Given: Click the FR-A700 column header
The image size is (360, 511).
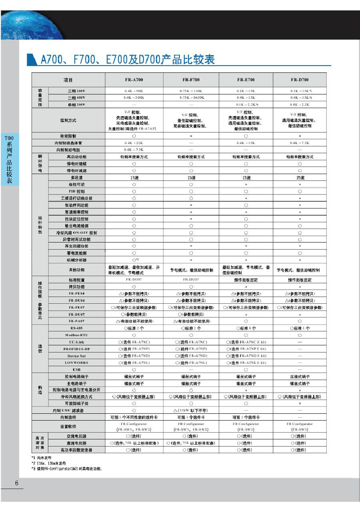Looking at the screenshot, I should pos(134,80).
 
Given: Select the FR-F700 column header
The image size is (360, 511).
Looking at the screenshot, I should pos(191,80).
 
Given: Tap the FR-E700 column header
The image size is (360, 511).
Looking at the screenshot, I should pos(246,80).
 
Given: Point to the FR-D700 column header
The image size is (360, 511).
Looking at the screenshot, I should pos(300,80).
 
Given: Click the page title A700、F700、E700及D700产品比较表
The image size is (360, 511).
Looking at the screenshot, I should pos(128,60).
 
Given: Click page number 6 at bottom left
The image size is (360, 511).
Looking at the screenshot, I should pos(17,483).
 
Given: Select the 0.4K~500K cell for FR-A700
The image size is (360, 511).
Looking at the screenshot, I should pos(134,97).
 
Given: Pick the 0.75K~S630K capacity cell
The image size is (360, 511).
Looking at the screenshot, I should pos(191,97).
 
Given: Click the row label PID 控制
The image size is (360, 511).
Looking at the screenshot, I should pos(76,191).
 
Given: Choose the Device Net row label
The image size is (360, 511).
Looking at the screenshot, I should pos(76,356).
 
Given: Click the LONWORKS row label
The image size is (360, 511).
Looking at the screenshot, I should pos(76,363).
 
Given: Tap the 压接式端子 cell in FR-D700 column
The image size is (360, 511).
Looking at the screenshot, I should pos(300,377).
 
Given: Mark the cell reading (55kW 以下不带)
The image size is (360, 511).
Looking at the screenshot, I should pos(191,410).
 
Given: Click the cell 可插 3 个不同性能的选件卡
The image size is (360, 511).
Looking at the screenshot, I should pos(134,417).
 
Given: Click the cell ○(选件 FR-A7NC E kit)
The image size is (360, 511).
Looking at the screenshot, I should pos(246,342).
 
